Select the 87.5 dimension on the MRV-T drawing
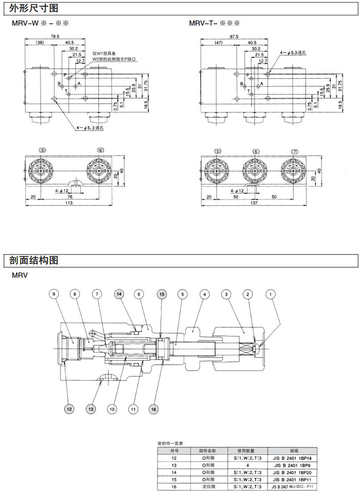234,36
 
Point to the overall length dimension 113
69,204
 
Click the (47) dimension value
218,43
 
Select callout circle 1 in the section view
271,294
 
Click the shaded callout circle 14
119,294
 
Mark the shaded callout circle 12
68,409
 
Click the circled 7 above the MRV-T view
294,151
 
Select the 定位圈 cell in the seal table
209,486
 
